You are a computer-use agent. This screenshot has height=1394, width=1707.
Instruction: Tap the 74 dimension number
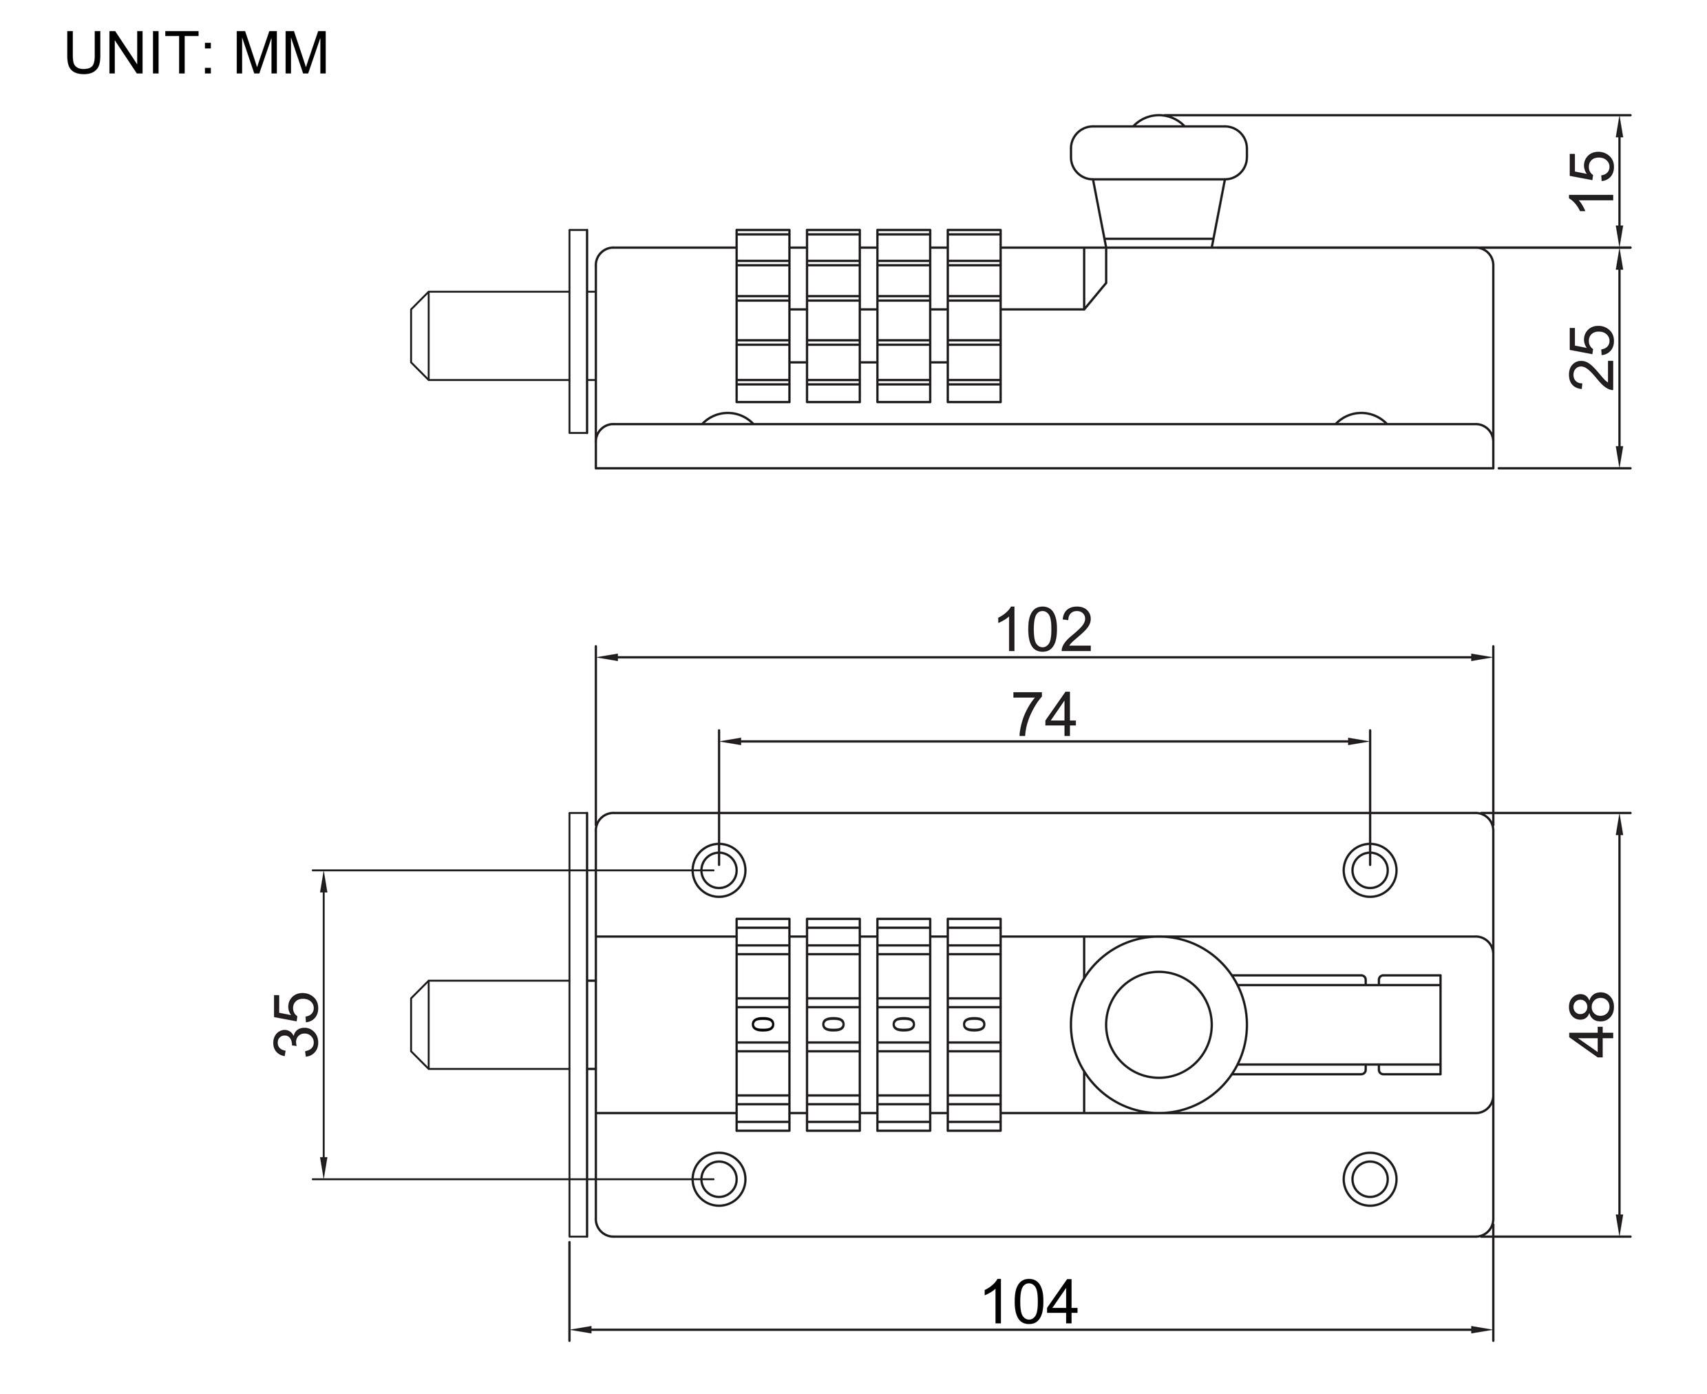point(1043,716)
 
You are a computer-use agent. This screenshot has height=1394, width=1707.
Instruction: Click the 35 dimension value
point(296,1024)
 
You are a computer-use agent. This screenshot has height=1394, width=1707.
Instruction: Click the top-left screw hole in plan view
point(719,870)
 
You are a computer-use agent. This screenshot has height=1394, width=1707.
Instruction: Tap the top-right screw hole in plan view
point(1369,870)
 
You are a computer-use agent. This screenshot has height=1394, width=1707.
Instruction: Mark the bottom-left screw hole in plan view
point(719,1179)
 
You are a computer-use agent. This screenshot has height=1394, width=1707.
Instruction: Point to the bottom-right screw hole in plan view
point(1369,1179)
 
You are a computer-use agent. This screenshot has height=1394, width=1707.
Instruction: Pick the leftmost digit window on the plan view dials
point(763,1024)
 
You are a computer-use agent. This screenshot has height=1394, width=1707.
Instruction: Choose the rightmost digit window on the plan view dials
point(973,1024)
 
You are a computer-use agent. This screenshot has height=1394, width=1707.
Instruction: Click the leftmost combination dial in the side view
point(763,315)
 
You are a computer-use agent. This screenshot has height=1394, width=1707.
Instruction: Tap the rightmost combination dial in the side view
point(973,315)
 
